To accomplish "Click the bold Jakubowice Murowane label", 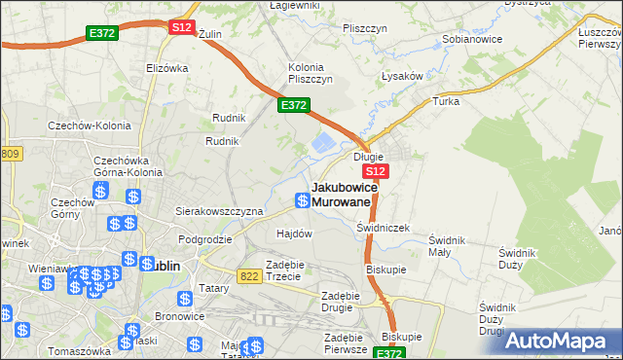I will click(341, 194).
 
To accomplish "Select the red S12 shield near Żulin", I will click(181, 28).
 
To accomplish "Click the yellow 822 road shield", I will click(250, 276).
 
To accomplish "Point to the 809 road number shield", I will click(11, 154).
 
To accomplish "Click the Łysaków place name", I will click(400, 76).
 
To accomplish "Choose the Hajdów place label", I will click(294, 234).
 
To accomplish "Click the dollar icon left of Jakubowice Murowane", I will click(303, 201).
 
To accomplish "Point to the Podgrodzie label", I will click(204, 239).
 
